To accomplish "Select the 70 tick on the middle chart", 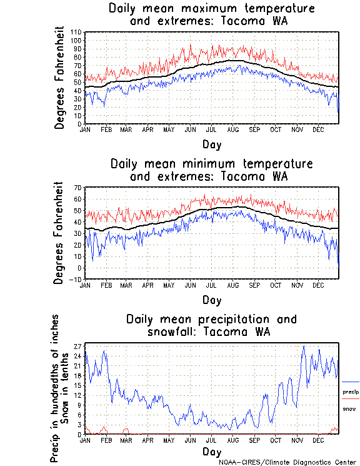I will pyautogui.click(x=79, y=188).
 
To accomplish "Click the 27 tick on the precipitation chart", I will pyautogui.click(x=79, y=345).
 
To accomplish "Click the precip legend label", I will pyautogui.click(x=351, y=392).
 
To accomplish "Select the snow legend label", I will pyautogui.click(x=349, y=408).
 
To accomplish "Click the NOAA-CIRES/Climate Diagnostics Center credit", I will pyautogui.click(x=287, y=462).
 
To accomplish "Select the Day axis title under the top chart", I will pyautogui.click(x=212, y=144).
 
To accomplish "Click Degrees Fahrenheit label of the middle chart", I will pyautogui.click(x=60, y=233).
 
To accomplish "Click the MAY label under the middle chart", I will pyautogui.click(x=169, y=285).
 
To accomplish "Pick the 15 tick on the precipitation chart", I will pyautogui.click(x=79, y=385).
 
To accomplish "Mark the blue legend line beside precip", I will pyautogui.click(x=351, y=382).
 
